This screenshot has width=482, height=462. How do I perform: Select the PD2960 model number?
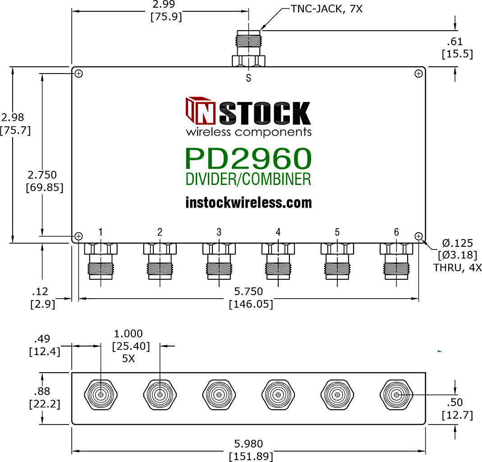coord(248,159)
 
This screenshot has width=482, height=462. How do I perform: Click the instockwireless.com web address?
coord(248,203)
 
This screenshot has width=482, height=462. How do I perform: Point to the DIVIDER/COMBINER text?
coord(248,179)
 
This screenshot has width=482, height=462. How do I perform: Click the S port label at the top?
coord(248,78)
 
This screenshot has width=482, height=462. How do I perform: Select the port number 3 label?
coord(219,232)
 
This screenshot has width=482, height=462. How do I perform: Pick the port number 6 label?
coord(396,232)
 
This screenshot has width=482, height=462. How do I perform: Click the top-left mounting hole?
coord(79,74)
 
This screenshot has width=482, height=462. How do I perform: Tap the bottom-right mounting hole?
coord(419,236)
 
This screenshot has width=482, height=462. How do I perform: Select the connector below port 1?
coord(101,261)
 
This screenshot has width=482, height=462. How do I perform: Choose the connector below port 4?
coord(278,261)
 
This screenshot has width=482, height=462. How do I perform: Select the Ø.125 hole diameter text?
coord(458,244)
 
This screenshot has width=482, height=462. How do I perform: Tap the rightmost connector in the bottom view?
coord(396,395)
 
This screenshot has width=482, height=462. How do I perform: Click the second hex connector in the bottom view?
coord(160,395)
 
